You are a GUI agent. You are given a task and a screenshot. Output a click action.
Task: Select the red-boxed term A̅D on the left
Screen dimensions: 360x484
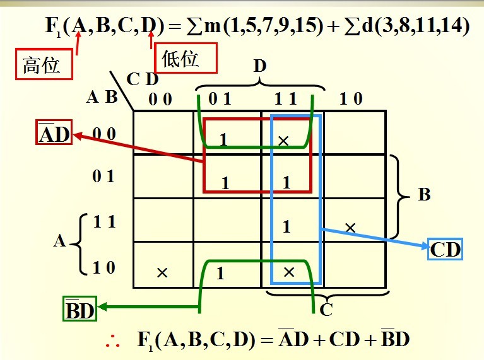coord(54,134)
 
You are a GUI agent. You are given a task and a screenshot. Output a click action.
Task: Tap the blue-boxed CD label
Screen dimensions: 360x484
coord(446,250)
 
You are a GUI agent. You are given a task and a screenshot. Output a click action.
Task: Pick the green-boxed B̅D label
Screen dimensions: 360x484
coord(80,309)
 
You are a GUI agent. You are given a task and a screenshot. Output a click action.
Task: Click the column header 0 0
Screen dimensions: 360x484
coord(160,99)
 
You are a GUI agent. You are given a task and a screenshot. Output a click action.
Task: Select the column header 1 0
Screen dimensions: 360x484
coord(351,99)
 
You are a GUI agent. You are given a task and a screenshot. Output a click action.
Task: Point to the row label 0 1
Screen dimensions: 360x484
coord(103,177)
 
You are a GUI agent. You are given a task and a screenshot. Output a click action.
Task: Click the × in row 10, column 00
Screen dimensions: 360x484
coord(162,272)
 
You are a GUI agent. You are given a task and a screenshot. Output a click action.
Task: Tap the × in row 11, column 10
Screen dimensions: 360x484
coord(350,226)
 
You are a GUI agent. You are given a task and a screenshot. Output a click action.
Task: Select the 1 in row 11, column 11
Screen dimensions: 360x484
coord(286,226)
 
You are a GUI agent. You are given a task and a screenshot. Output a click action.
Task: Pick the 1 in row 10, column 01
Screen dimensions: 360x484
coord(220,274)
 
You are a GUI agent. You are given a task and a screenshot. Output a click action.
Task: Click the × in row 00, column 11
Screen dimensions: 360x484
coord(283,141)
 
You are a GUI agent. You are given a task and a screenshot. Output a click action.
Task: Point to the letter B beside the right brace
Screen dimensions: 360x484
coord(424,195)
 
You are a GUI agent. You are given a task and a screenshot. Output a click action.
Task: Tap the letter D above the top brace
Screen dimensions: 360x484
coord(260,65)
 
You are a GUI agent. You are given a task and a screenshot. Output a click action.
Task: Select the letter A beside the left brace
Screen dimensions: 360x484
coord(59,241)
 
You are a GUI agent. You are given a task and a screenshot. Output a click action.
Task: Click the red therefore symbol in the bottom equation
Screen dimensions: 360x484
coord(114,340)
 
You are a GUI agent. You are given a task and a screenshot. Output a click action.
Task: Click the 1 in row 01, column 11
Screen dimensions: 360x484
coord(286,183)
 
